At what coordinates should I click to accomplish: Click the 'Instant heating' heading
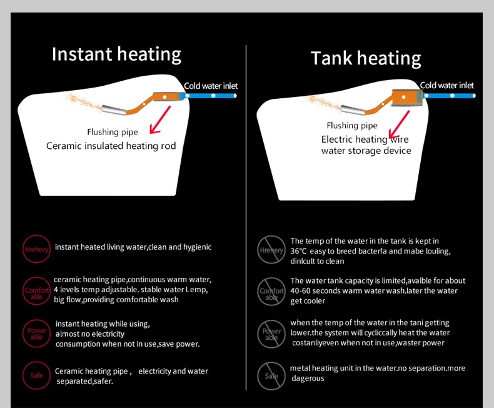[x=116, y=54]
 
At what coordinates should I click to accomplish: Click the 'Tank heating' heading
[x=366, y=58]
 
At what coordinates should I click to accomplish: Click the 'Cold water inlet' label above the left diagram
[x=211, y=86]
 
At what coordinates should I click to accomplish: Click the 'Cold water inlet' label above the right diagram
[x=446, y=85]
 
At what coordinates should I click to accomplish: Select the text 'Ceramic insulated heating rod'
[x=111, y=146]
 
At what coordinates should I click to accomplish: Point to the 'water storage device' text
[x=366, y=151]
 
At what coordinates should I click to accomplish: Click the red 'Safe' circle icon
[x=36, y=375]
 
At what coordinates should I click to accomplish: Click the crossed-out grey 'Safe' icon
[x=271, y=375]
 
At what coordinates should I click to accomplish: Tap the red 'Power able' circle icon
[x=36, y=334]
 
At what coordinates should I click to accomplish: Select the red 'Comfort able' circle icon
[x=36, y=292]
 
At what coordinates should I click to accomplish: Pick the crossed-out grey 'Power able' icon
[x=271, y=334]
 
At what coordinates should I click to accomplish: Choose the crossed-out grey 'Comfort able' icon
[x=271, y=292]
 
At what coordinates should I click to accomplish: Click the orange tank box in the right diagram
[x=407, y=98]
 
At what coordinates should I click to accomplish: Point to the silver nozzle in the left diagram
[x=113, y=111]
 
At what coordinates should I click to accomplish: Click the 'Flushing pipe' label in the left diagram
[x=113, y=132]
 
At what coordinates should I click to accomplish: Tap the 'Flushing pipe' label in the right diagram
[x=352, y=126]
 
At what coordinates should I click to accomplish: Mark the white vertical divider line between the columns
[x=246, y=219]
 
